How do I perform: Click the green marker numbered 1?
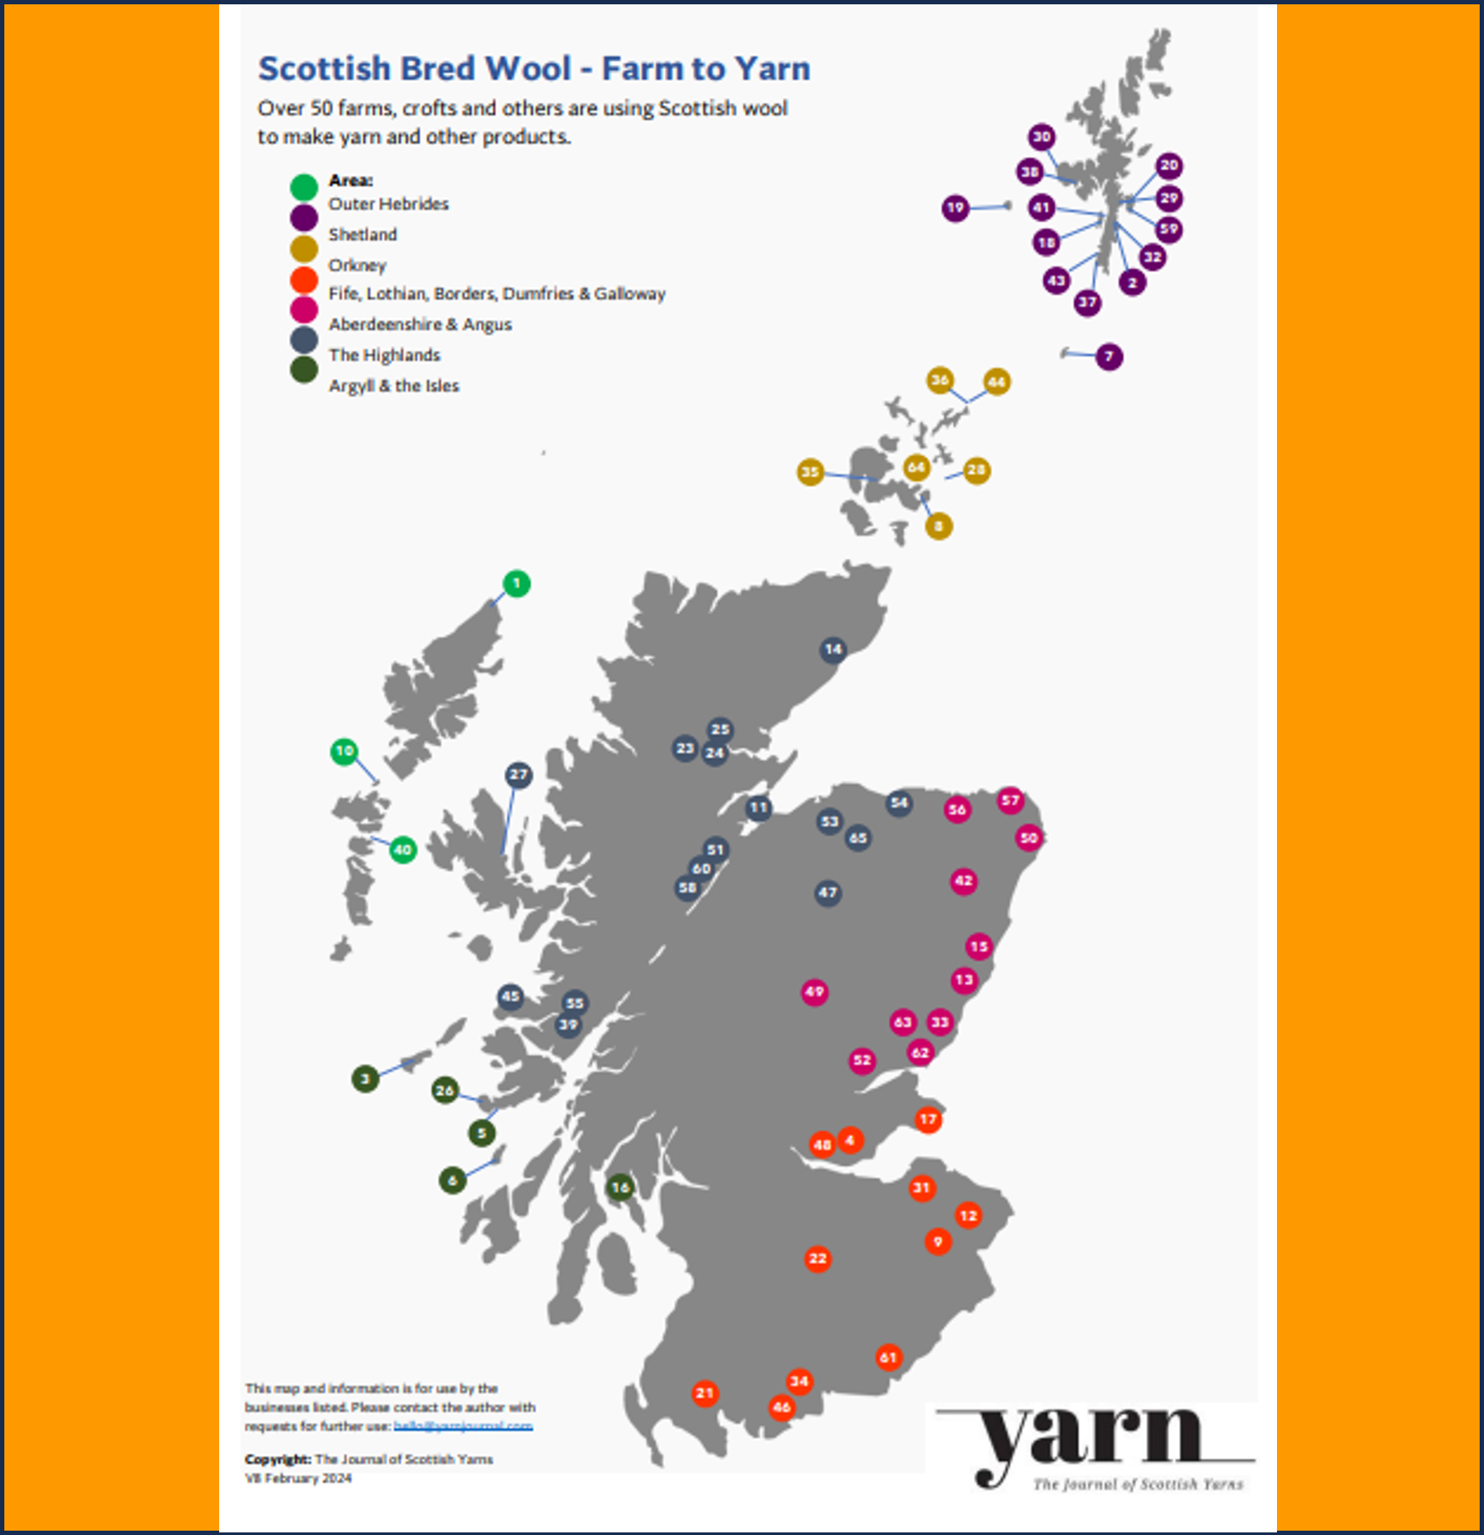point(516,584)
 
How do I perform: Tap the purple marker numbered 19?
point(955,208)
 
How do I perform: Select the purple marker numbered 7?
point(1109,357)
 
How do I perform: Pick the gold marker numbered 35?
point(810,472)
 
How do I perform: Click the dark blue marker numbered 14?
point(833,649)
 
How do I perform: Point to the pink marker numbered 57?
point(1010,800)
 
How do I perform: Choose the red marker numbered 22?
point(818,1259)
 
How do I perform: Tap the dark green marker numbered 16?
point(619,1187)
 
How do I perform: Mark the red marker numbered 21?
point(704,1393)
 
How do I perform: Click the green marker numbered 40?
point(402,850)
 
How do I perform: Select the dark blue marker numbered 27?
point(518,775)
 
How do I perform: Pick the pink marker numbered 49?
point(814,992)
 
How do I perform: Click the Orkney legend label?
point(357,265)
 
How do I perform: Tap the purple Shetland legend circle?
point(304,218)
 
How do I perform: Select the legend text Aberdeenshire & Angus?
point(420,324)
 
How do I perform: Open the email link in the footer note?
point(463,1426)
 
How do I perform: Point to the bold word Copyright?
point(277,1460)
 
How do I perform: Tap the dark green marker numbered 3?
point(365,1079)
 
